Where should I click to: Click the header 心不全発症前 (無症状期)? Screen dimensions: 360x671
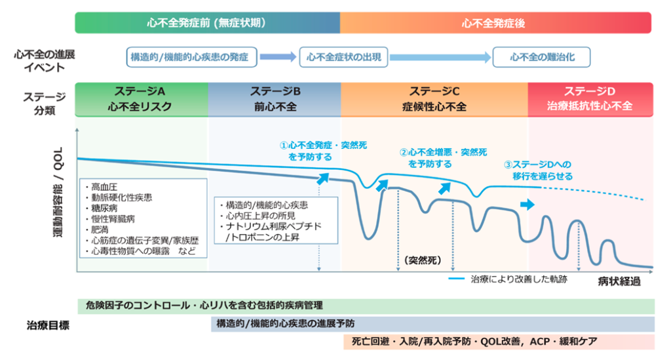tap(207, 22)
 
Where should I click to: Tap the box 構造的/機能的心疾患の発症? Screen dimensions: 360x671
tap(190, 57)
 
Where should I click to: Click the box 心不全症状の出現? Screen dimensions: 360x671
tap(344, 57)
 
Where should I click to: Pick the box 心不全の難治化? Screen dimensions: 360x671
tap(542, 57)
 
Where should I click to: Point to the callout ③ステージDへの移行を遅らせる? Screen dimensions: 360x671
tap(538, 170)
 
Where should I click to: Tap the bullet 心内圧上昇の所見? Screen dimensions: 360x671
tap(259, 215)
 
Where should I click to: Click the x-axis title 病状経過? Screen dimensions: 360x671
tap(619, 283)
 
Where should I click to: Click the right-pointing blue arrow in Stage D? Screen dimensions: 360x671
tap(527, 205)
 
